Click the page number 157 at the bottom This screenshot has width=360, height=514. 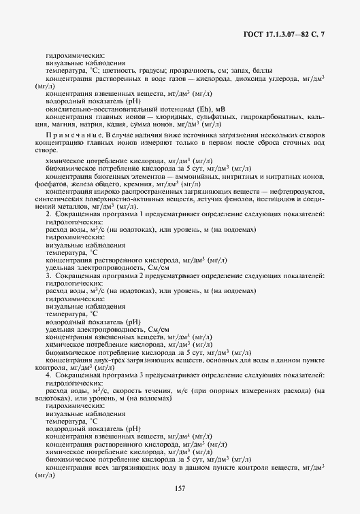180,487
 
